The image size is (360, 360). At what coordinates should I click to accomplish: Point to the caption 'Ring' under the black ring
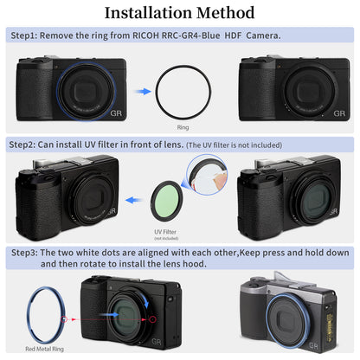coord(182,125)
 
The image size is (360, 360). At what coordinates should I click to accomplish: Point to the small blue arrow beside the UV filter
coord(131,200)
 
